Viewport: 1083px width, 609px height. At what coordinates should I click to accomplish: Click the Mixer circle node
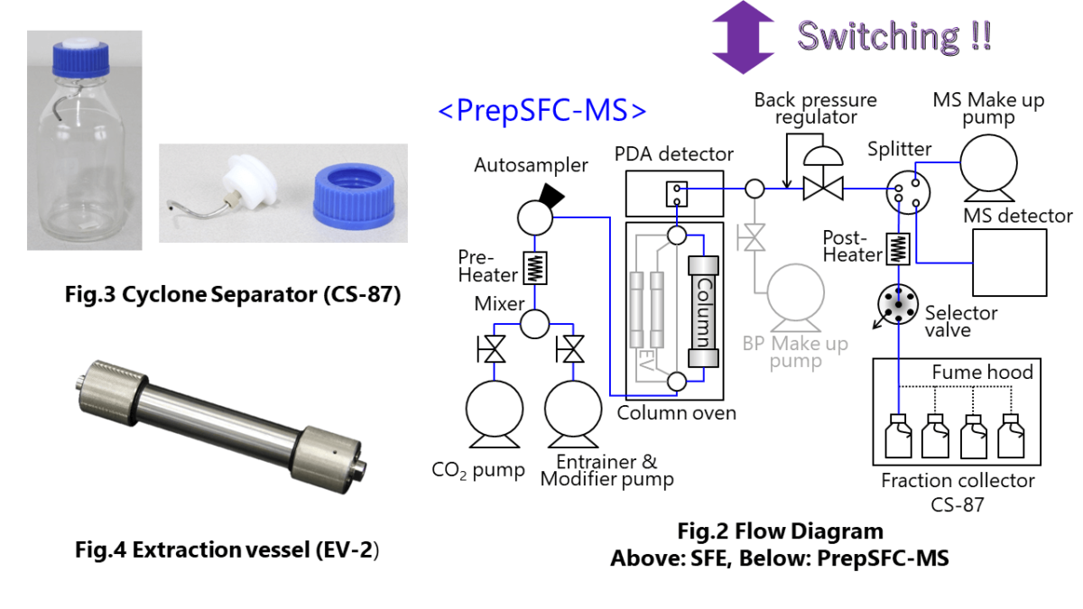pos(536,323)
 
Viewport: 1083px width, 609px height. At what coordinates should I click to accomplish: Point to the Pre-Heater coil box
pos(536,267)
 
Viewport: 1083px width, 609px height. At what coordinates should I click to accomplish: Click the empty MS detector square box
pos(1009,262)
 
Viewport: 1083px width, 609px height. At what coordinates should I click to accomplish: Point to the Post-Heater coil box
pos(898,249)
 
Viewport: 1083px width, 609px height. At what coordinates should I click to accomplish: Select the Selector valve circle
pos(897,304)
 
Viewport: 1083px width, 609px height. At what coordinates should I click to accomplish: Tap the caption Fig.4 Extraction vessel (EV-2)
pos(227,550)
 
